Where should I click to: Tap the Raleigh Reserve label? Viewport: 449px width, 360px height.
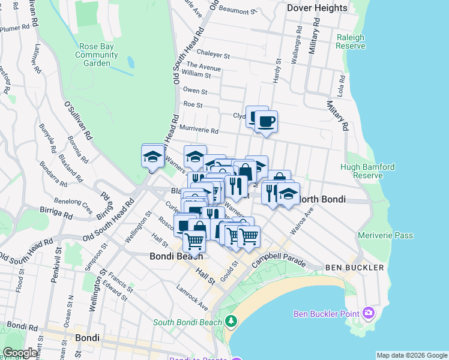tap(351, 41)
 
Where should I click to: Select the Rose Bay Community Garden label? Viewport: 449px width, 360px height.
tap(97, 55)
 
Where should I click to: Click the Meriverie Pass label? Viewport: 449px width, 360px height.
tap(385, 235)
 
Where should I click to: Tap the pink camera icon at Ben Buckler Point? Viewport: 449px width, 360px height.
tap(369, 313)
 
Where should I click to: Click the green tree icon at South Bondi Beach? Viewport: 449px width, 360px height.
tap(231, 322)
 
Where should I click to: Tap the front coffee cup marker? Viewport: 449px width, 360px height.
tap(266, 122)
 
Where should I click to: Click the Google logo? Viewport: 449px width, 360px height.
tap(20, 353)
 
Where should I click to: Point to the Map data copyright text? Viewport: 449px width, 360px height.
tap(411, 355)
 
